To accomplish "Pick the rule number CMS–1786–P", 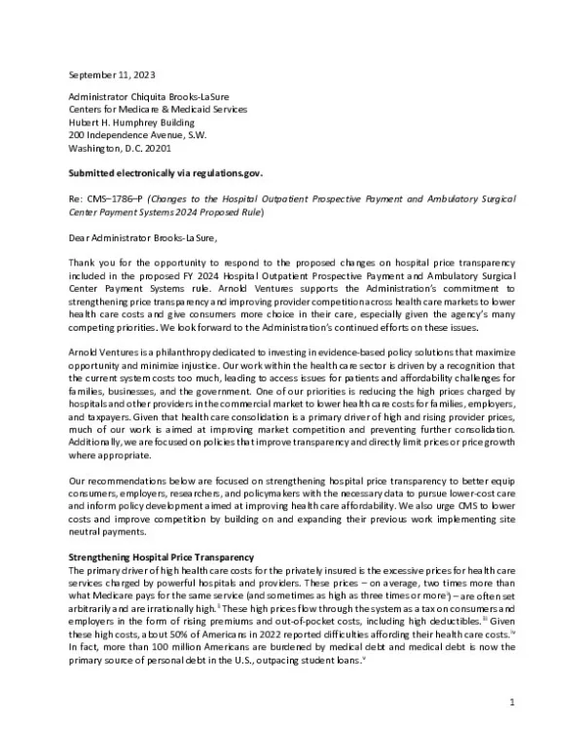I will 112,198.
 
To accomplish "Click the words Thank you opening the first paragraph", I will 89,263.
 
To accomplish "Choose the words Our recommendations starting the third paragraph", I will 114,482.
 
